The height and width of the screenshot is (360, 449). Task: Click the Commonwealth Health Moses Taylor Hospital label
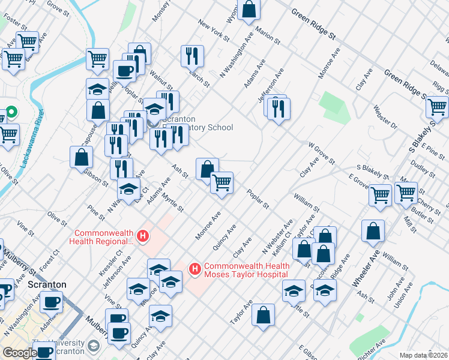[246, 270]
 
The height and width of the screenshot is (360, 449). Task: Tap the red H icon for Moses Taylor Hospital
[194, 270]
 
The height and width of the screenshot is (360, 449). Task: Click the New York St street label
[214, 32]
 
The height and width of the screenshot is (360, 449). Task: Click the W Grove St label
[321, 152]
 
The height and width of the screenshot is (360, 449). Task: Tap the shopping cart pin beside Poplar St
[221, 182]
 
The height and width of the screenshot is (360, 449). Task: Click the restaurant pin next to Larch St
[192, 56]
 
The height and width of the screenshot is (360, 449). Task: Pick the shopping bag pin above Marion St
[249, 10]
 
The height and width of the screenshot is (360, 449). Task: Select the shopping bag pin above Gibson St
[82, 157]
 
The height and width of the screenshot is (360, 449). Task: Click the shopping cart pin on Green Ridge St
[437, 107]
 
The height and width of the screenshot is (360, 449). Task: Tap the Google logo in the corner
[19, 353]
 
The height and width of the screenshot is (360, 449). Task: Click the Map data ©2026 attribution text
[423, 355]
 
